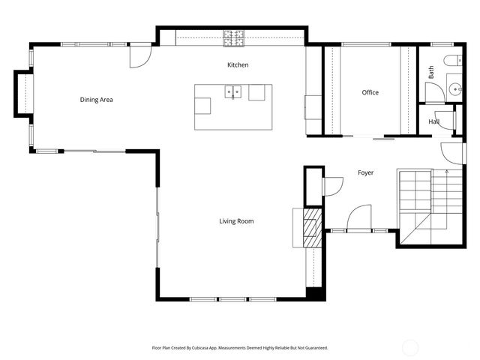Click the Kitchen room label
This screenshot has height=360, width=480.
238,65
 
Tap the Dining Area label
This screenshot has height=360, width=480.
96,99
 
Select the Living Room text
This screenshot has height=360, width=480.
236,221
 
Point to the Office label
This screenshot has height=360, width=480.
370,93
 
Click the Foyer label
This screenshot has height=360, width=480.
365,173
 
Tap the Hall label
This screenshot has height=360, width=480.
433,121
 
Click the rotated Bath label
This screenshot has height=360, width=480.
431,73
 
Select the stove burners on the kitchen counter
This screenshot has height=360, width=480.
233,34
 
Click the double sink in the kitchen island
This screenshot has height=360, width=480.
234,93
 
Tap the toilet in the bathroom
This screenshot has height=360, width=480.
451,61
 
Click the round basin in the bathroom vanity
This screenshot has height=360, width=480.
454,90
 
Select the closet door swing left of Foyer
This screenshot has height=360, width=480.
331,186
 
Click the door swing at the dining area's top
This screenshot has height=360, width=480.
140,56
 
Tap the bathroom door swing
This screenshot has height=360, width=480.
435,92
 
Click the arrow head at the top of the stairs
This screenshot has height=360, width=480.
447,172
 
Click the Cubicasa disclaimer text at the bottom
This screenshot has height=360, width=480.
239,348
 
